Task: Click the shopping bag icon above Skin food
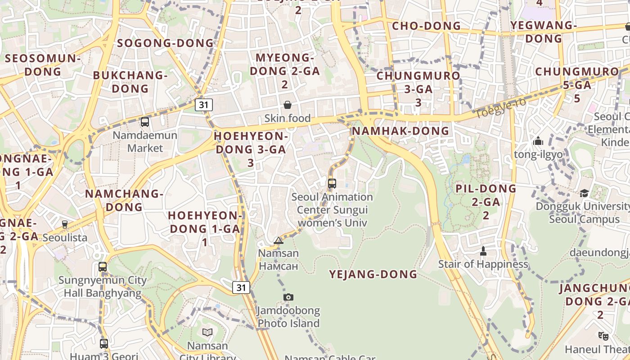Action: [288, 105]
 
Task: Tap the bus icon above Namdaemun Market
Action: [145, 121]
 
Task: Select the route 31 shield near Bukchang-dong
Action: [204, 105]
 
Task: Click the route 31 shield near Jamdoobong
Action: [241, 287]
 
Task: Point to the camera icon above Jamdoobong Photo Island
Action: [288, 297]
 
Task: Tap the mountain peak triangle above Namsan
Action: [279, 240]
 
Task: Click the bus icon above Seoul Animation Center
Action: [332, 184]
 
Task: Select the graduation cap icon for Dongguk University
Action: [584, 193]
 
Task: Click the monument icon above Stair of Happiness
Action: [483, 251]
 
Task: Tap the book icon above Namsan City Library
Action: [207, 332]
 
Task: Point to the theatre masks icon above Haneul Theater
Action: [603, 336]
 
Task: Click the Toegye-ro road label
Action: [500, 108]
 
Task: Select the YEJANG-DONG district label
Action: [373, 274]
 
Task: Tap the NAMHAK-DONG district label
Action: [400, 131]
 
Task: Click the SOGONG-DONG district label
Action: [165, 43]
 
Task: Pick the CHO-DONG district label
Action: [427, 26]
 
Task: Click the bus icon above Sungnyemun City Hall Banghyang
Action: [103, 267]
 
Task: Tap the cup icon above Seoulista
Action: [65, 224]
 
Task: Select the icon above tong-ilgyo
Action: [538, 141]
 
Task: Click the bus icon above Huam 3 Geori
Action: [104, 344]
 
